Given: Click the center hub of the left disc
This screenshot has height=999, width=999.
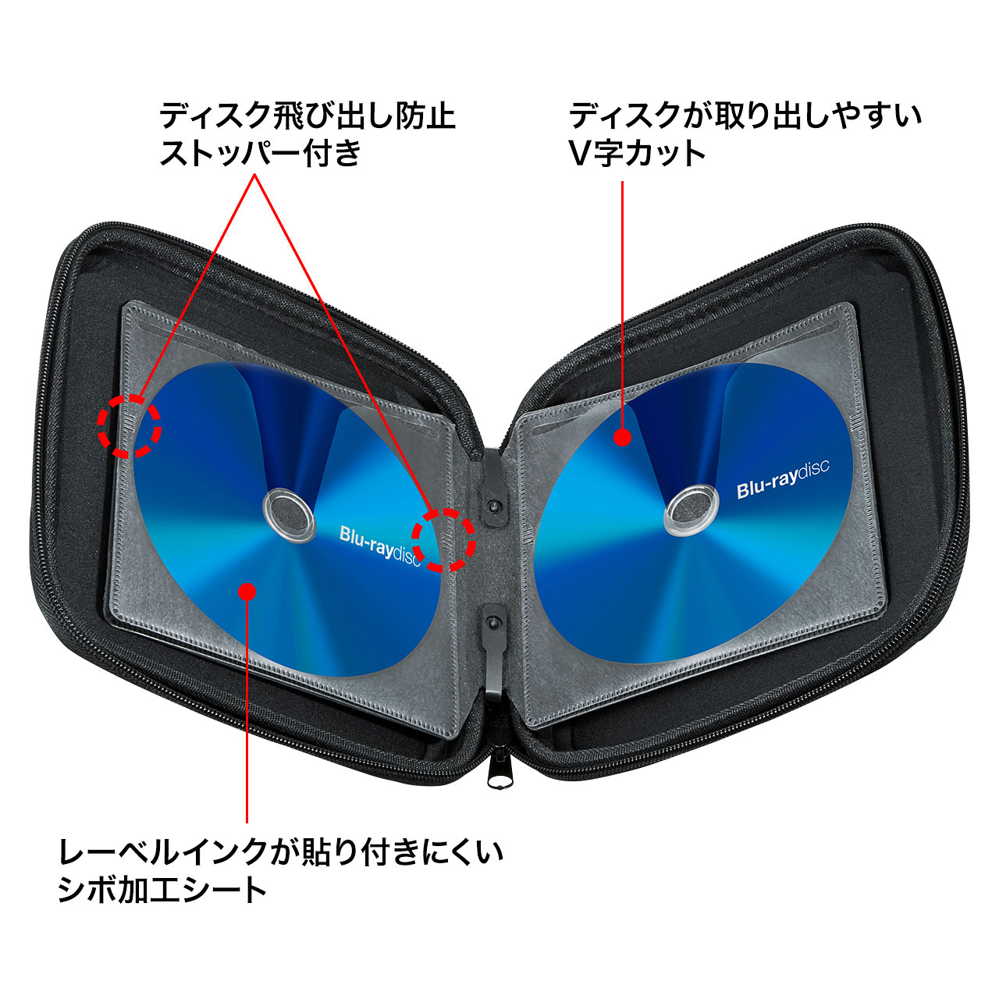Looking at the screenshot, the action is click(x=289, y=517).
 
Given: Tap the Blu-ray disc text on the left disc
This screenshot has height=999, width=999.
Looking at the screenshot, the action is click(x=380, y=546).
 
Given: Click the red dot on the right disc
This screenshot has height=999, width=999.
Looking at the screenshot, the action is click(x=622, y=437).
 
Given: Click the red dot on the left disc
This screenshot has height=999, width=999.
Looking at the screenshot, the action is click(x=247, y=591).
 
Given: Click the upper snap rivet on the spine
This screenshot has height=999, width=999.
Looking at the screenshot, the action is click(x=495, y=505).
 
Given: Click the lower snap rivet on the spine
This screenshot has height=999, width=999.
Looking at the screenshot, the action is click(x=494, y=621).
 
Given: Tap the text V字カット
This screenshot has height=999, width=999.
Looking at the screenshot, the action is click(x=637, y=154).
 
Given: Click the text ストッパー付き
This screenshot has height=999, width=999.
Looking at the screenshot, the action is click(x=260, y=152).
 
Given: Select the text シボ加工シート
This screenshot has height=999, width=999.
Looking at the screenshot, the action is click(x=162, y=890).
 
